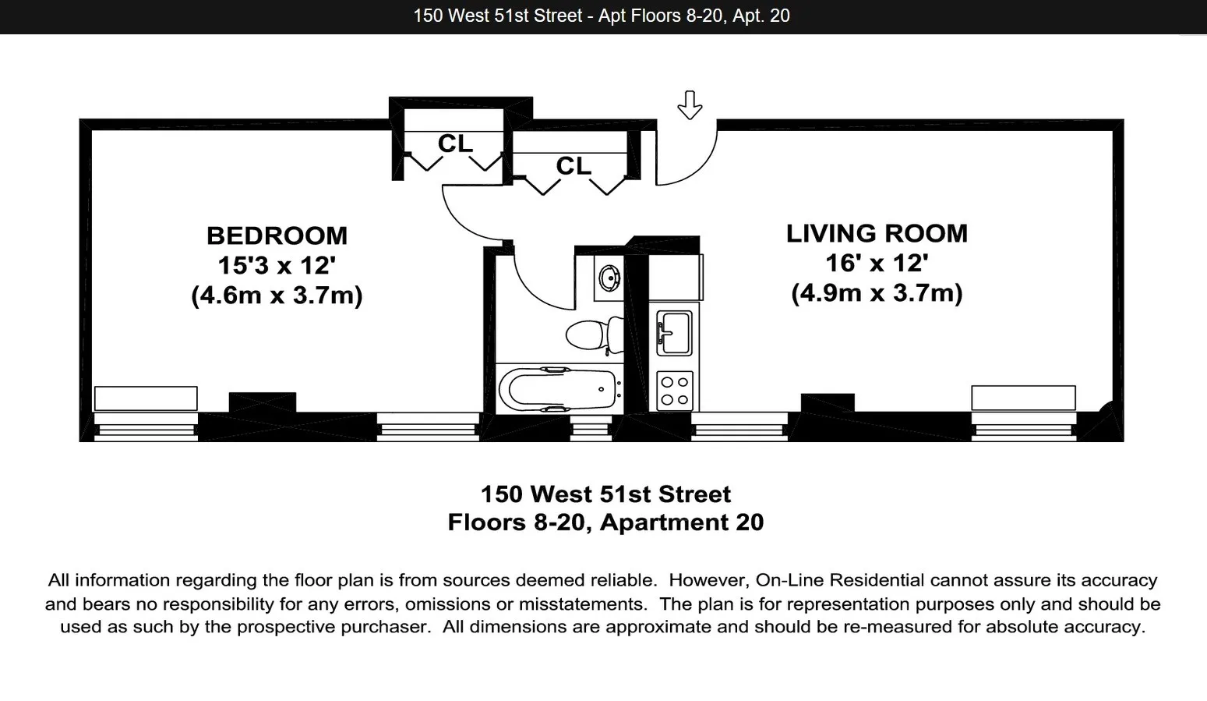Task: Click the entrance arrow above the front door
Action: [690, 104]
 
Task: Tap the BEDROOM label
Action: [277, 235]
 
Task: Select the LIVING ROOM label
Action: [877, 233]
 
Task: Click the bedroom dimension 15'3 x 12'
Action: [277, 265]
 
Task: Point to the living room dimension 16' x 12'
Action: [877, 263]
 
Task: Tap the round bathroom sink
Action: [609, 277]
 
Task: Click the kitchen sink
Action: [674, 332]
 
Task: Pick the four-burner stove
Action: [674, 391]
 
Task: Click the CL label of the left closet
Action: [455, 144]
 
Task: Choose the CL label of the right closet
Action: [574, 166]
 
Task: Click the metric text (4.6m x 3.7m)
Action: [277, 296]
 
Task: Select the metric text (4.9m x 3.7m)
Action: [877, 293]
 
